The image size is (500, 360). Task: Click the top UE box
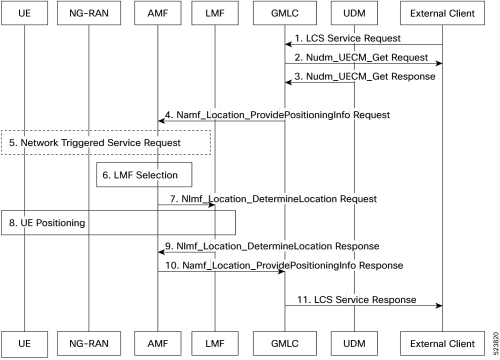click(24, 13)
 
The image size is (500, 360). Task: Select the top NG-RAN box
click(89, 13)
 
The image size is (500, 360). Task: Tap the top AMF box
click(157, 13)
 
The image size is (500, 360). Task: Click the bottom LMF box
click(215, 343)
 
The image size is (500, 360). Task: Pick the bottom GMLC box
click(285, 343)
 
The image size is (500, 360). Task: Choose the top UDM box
click(354, 13)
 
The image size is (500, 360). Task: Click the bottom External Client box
click(442, 343)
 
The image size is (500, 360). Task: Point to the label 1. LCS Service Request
click(347, 38)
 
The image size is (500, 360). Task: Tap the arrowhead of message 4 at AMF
click(161, 120)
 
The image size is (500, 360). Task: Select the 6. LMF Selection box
click(144, 174)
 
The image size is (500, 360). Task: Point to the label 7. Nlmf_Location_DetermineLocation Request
click(273, 198)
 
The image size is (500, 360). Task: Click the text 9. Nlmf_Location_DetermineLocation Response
click(272, 246)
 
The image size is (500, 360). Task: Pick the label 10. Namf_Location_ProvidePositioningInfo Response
click(284, 265)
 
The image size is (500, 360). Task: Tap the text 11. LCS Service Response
click(357, 299)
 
